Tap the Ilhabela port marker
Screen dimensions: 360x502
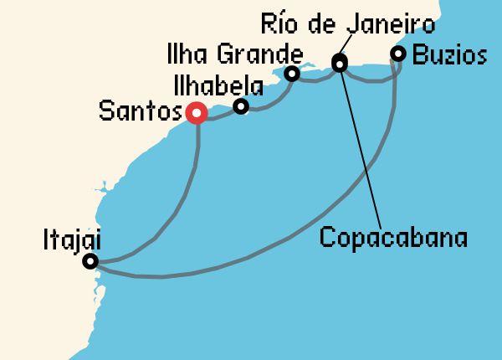coord(241,106)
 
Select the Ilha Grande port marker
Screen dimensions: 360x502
coord(292,74)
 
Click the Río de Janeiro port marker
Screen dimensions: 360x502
coord(340,62)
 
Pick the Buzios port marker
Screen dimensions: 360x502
coord(398,54)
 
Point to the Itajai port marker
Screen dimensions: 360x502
coord(90,261)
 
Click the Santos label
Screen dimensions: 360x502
coord(140,111)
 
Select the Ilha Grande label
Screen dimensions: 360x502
coord(233,55)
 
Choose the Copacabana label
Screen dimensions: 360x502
coord(393,237)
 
